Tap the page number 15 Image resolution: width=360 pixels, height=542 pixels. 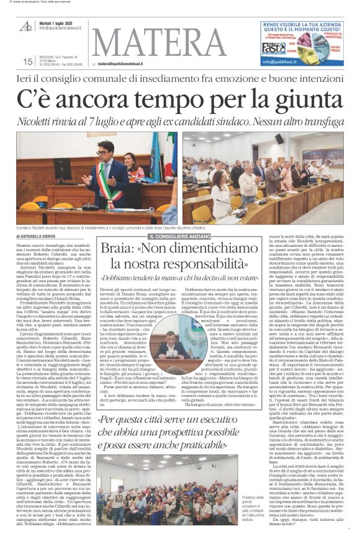[x=27, y=61]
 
